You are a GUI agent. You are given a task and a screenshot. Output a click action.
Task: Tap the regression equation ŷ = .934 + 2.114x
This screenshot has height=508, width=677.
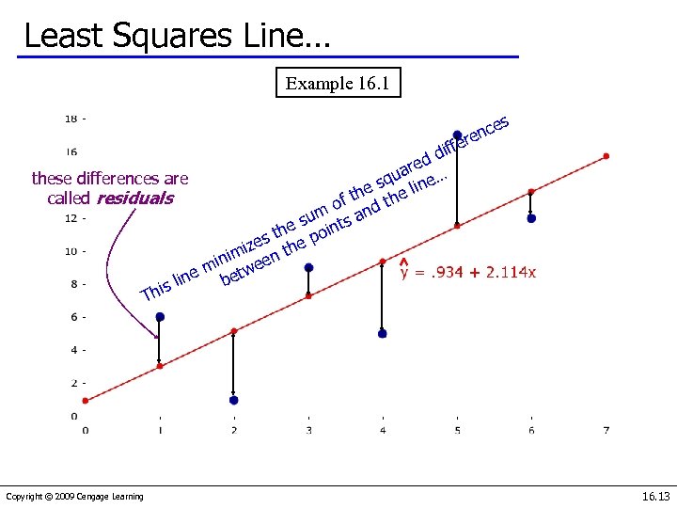(468, 272)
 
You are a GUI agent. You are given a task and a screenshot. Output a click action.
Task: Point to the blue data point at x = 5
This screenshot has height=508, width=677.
(457, 135)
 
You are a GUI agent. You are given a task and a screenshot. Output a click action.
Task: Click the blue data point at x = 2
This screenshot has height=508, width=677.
(233, 400)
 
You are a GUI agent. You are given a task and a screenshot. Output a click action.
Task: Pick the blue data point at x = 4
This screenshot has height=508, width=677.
(382, 333)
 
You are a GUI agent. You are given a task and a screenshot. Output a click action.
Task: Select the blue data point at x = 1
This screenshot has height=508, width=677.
(160, 317)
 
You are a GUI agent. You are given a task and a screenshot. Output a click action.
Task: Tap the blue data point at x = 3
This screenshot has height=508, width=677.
(308, 267)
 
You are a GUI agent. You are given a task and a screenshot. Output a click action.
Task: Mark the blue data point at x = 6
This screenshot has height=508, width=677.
(531, 218)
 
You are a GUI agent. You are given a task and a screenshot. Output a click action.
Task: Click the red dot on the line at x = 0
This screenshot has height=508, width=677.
(86, 400)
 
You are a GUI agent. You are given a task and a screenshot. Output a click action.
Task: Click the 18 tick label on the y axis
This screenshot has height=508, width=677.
(71, 119)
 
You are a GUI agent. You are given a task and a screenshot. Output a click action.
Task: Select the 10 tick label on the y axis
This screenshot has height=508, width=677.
(71, 251)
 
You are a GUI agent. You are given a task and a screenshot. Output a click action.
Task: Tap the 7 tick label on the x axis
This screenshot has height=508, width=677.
(606, 430)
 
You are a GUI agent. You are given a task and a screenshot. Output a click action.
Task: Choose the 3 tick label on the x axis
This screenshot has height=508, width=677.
(308, 430)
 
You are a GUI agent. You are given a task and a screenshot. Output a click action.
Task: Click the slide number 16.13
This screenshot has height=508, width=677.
(653, 496)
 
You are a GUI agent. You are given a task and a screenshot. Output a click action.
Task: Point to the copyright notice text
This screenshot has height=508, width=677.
(74, 497)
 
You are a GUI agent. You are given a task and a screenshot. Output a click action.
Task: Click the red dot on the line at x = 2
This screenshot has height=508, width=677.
(234, 331)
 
